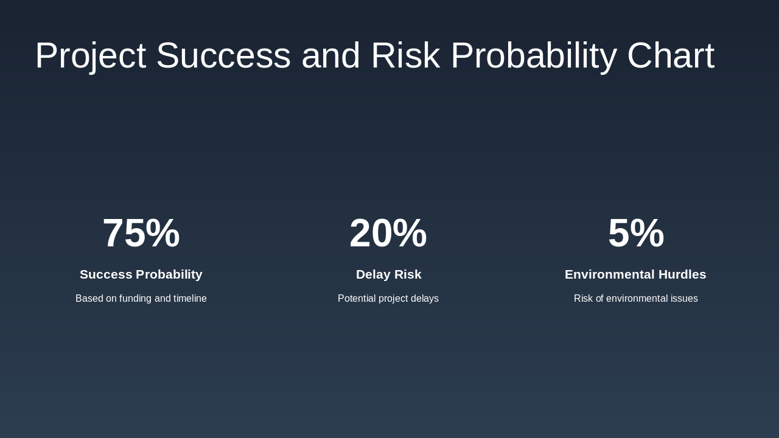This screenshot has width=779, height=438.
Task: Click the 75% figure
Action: click(x=141, y=234)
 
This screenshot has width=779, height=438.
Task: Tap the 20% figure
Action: click(x=388, y=234)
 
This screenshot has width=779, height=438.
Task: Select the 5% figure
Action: click(x=636, y=234)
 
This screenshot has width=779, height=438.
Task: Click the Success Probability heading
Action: click(x=141, y=274)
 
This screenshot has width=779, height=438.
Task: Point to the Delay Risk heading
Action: click(x=388, y=274)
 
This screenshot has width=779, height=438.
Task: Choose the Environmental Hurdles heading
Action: click(x=635, y=274)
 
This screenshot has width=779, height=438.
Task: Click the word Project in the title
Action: click(x=90, y=56)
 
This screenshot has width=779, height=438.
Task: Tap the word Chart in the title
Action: click(x=671, y=56)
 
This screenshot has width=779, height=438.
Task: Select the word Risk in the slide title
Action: click(x=405, y=56)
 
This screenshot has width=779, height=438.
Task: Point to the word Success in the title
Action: click(x=223, y=56)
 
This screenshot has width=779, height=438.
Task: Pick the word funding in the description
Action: click(x=135, y=299)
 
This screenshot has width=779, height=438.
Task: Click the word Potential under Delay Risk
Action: click(x=357, y=299)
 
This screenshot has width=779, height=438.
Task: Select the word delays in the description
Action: click(x=425, y=299)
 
